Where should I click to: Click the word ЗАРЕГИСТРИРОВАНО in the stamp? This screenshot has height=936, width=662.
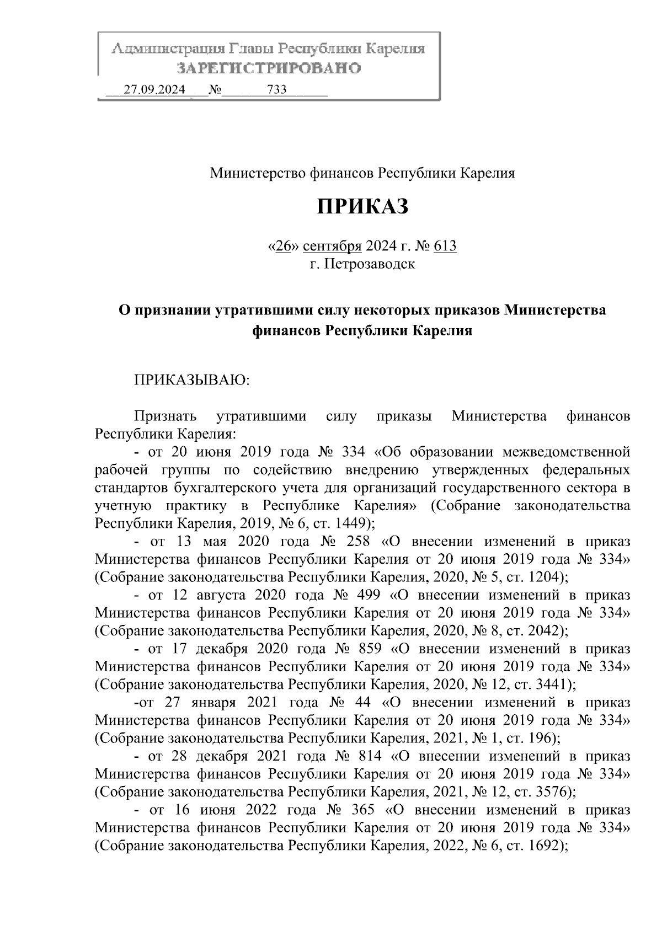[269, 68]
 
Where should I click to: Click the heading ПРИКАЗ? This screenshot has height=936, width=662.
[362, 207]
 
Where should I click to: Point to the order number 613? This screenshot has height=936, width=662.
[445, 246]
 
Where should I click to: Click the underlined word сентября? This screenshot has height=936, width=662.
[332, 246]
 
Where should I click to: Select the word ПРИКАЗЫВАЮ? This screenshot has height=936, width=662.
[189, 380]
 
